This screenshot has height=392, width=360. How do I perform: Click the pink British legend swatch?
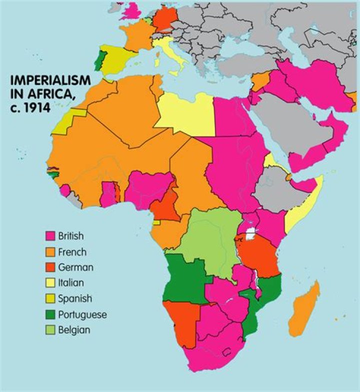[50, 235]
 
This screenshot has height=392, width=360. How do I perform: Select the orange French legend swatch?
[50, 251]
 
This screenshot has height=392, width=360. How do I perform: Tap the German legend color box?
[50, 267]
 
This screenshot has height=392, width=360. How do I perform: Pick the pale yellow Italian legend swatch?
[50, 283]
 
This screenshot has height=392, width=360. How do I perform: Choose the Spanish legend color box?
[50, 299]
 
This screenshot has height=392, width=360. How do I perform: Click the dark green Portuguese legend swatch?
[50, 314]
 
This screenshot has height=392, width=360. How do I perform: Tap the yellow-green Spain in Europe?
[117, 57]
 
